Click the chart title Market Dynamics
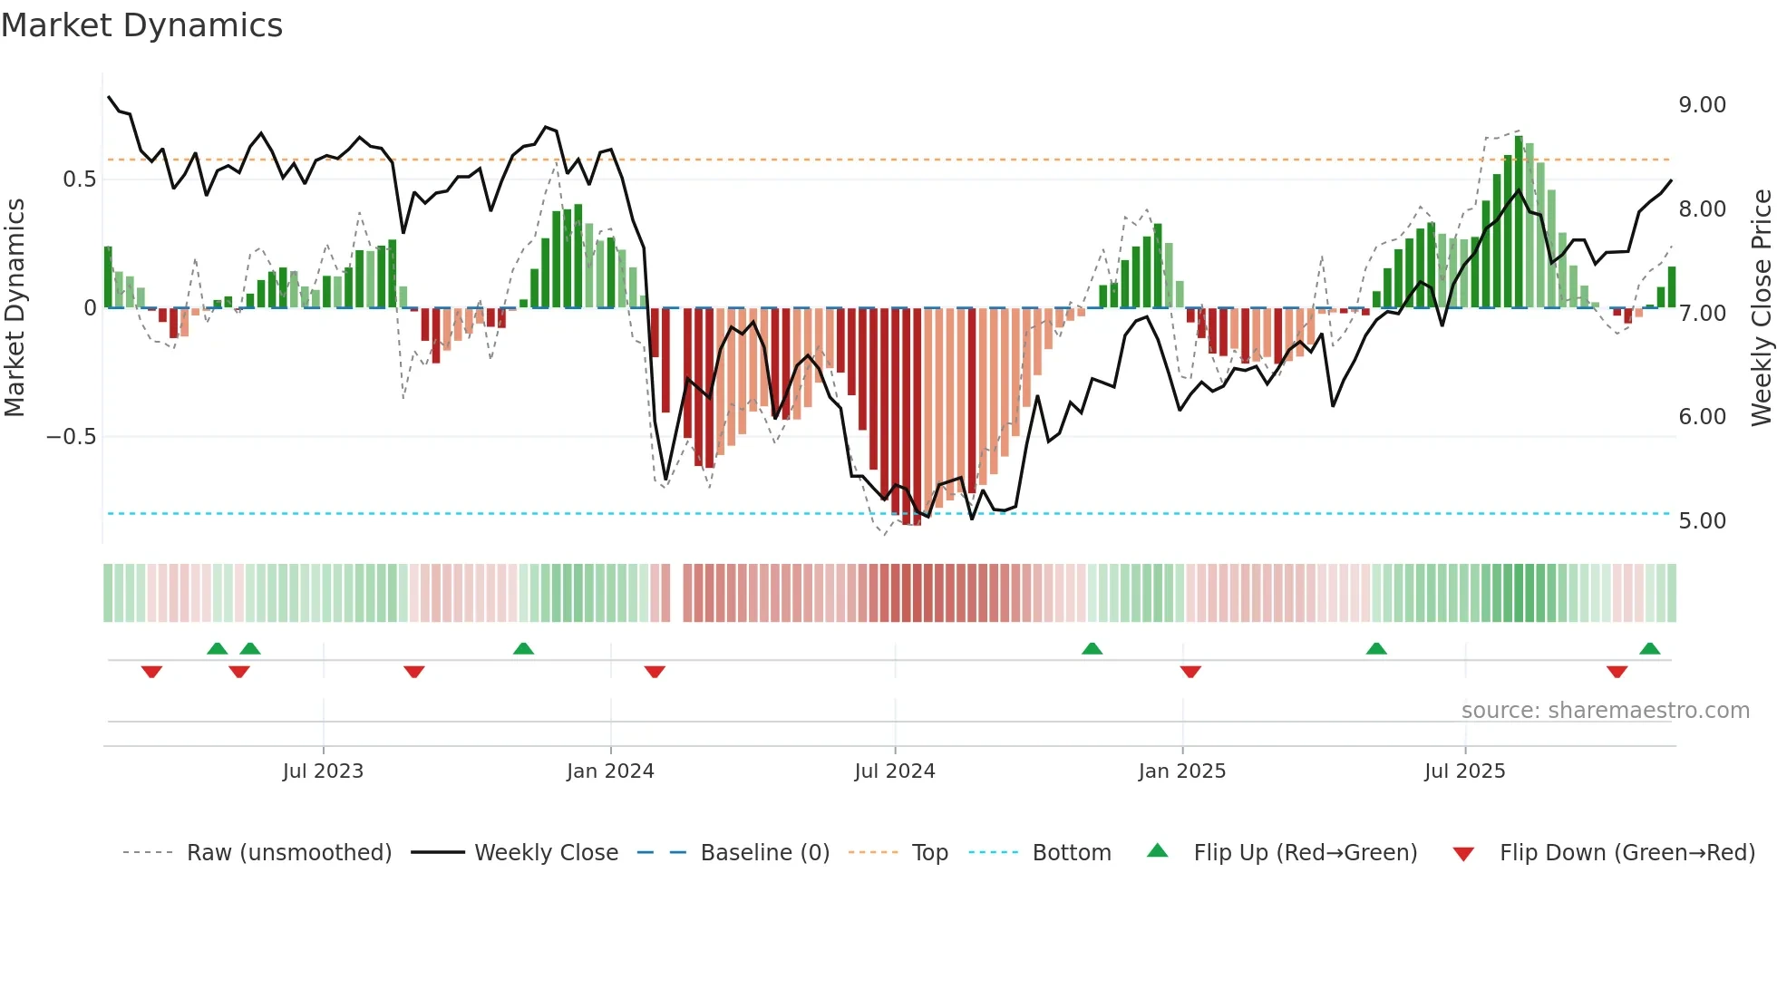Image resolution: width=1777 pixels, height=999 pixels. [142, 25]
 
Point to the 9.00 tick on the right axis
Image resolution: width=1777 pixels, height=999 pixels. [1702, 105]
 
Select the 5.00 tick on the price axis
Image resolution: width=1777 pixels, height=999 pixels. [1702, 521]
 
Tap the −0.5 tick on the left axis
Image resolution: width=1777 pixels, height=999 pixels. [71, 437]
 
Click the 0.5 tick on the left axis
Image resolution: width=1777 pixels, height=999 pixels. [79, 179]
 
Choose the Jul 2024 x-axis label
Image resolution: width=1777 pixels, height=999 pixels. [894, 771]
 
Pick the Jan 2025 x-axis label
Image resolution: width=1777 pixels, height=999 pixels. [1181, 771]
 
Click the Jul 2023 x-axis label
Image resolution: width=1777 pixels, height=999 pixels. [323, 771]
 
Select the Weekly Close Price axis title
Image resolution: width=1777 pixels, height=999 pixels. [1761, 308]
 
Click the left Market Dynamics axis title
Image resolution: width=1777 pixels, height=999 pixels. [15, 308]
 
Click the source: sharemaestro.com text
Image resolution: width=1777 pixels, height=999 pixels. [1605, 711]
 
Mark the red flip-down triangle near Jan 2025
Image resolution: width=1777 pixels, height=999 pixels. [1190, 672]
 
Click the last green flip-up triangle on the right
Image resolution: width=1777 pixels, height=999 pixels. [1649, 648]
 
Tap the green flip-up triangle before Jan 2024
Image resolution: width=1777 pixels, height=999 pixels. [523, 648]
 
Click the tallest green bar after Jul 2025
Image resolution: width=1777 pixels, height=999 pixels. [1519, 222]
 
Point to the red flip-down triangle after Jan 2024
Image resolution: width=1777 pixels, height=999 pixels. [655, 672]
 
